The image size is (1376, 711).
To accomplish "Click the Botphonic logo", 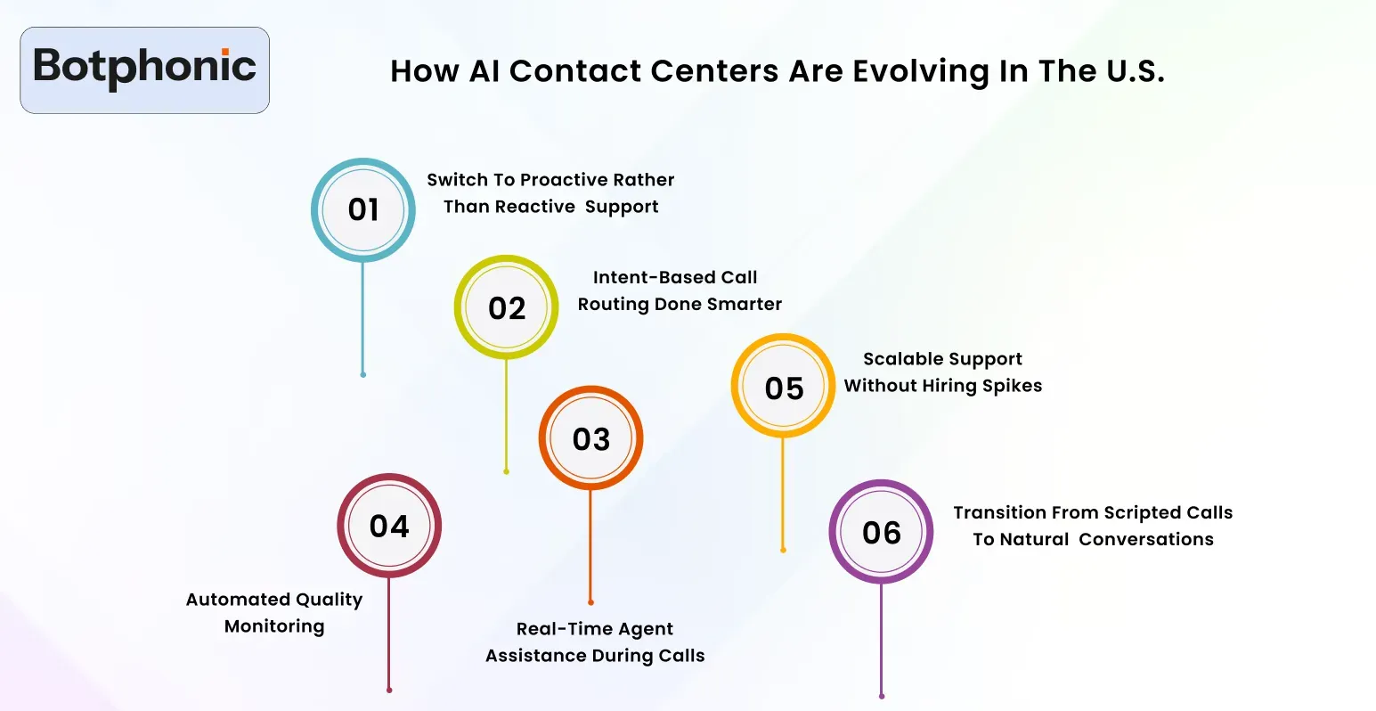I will (x=144, y=69).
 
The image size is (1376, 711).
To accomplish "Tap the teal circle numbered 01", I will (x=363, y=210).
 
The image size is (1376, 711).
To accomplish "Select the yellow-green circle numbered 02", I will (x=507, y=308).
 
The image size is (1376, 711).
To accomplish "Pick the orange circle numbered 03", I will (x=590, y=438).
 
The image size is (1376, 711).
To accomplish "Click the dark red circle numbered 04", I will (x=389, y=526).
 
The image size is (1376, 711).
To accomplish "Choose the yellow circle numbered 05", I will (x=784, y=388).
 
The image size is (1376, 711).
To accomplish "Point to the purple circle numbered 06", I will (x=882, y=532).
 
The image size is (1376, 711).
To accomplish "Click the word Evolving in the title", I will (x=921, y=71).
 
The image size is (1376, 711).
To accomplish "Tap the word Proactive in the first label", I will (x=558, y=180).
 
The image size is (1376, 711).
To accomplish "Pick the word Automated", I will (x=236, y=600).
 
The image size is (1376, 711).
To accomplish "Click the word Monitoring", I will (x=274, y=626).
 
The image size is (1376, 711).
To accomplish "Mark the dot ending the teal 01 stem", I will (x=362, y=375).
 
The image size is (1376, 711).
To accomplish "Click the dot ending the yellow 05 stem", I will (x=783, y=551).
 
